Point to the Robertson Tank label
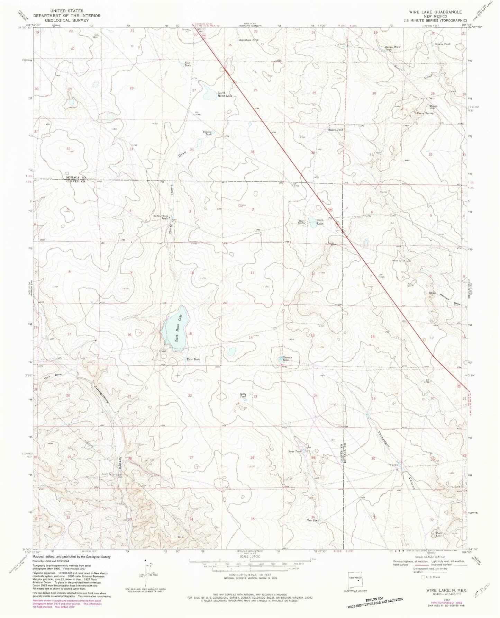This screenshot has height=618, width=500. click(x=249, y=40)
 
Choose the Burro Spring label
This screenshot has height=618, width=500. click(x=425, y=113)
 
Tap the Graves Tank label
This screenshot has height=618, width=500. click(x=443, y=44)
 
